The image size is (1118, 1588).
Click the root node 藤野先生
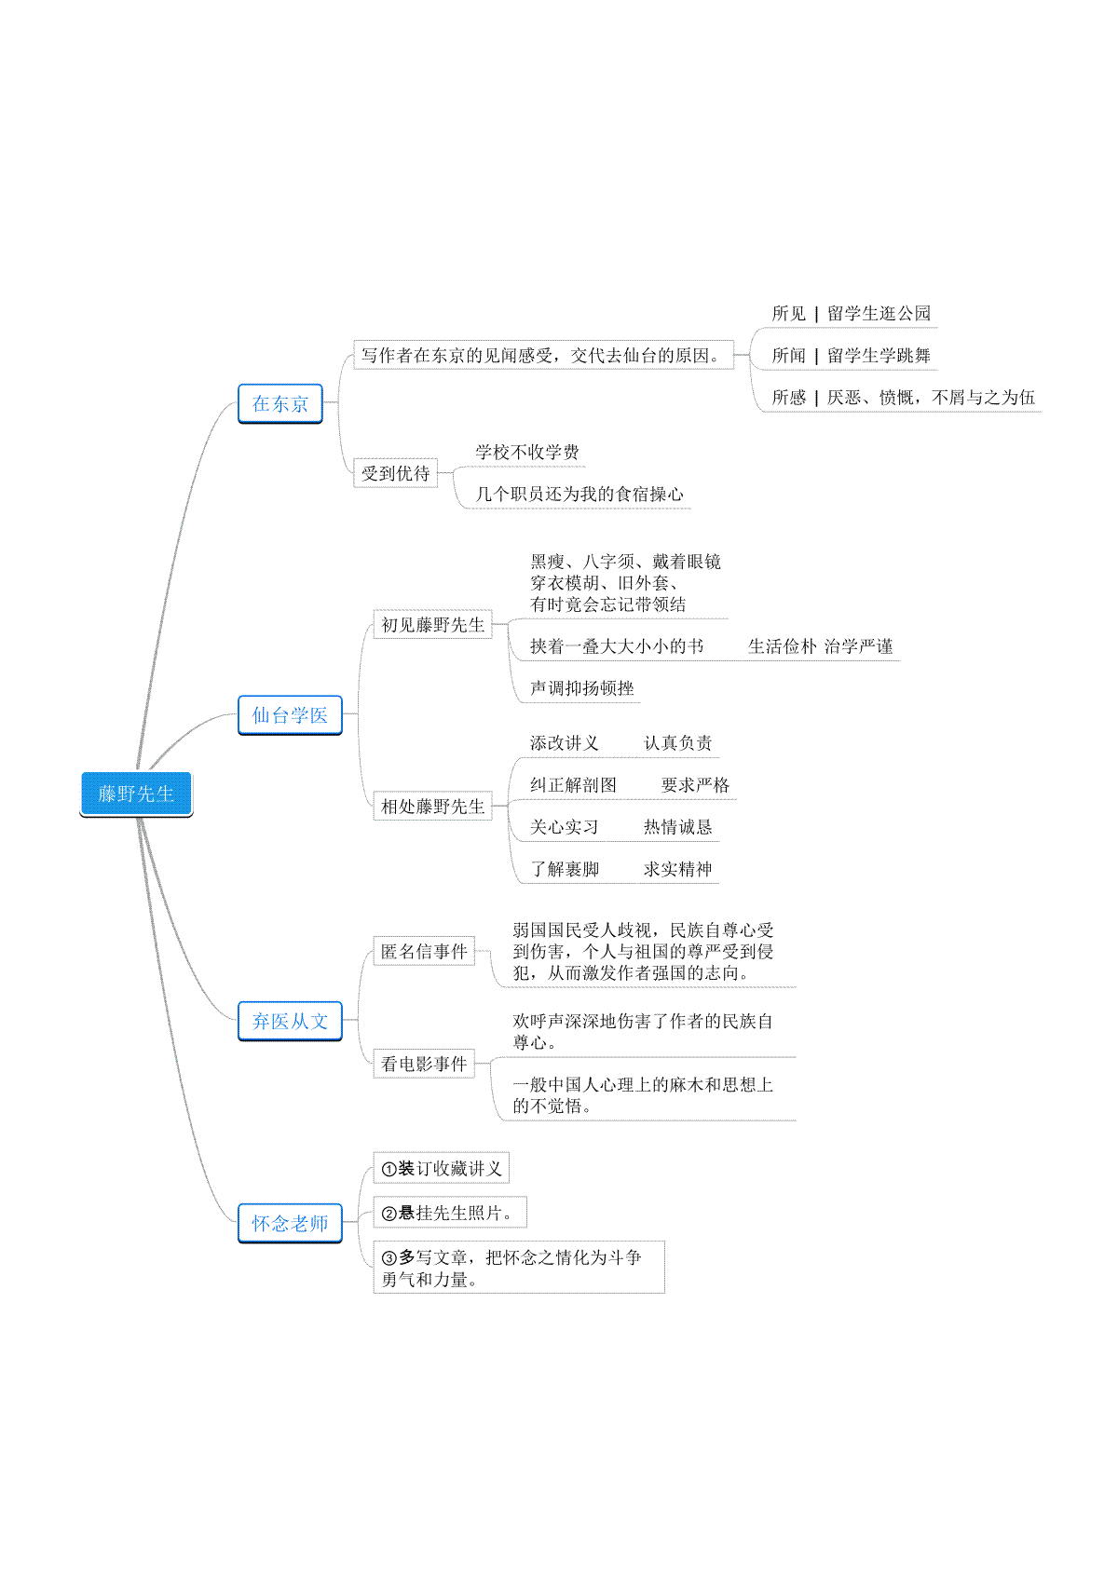[x=135, y=794]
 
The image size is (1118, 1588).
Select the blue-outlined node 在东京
[x=280, y=403]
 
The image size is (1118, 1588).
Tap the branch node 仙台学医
[x=290, y=714]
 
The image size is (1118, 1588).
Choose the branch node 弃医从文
[x=290, y=1021]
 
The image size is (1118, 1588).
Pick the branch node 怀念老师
[x=290, y=1223]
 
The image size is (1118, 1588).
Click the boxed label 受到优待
[x=396, y=473]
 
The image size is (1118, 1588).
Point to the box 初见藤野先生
[x=432, y=625]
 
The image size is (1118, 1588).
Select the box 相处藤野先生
[x=432, y=806]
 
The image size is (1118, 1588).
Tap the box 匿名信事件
[x=424, y=951]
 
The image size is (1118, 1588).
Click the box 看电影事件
[x=424, y=1064]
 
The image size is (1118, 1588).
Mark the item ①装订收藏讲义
[x=441, y=1168]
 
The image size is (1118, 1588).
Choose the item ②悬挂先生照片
[x=449, y=1213]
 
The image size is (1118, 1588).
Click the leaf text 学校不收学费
[x=526, y=453]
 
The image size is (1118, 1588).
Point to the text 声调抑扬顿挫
[x=582, y=688]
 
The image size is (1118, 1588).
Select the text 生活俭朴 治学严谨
[x=820, y=646]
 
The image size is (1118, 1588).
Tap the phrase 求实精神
[x=677, y=869]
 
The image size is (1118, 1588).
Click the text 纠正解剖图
[x=574, y=785]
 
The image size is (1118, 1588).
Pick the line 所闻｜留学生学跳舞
[x=851, y=355]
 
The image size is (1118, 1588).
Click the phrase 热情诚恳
[x=677, y=827]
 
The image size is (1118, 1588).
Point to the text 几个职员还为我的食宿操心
[x=579, y=495]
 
